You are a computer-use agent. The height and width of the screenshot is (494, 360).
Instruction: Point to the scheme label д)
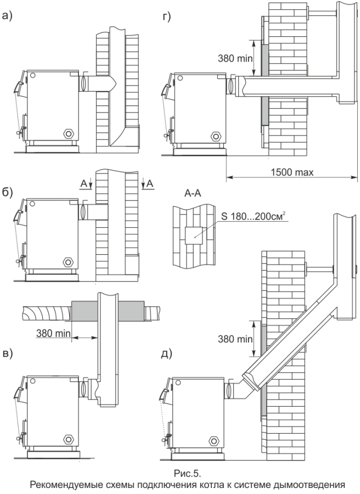pyautogui.click(x=167, y=353)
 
